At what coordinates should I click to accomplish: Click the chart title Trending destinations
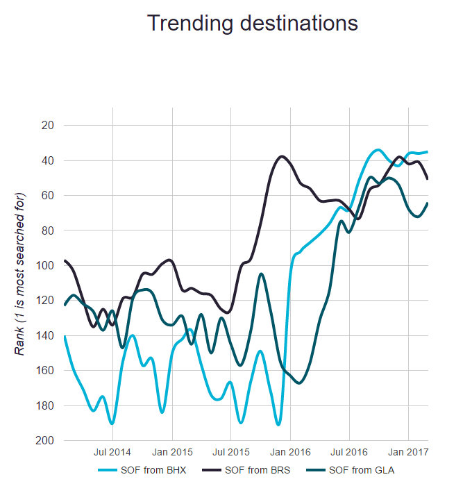[253, 23]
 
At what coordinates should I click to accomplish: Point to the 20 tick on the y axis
[48, 126]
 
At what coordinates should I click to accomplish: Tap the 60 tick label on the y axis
[48, 196]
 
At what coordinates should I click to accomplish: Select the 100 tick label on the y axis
[45, 266]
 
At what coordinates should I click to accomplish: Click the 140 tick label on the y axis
[45, 336]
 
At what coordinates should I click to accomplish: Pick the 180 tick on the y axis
[45, 406]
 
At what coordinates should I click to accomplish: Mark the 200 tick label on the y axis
[45, 441]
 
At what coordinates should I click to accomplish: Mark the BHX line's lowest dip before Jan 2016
[278, 424]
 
